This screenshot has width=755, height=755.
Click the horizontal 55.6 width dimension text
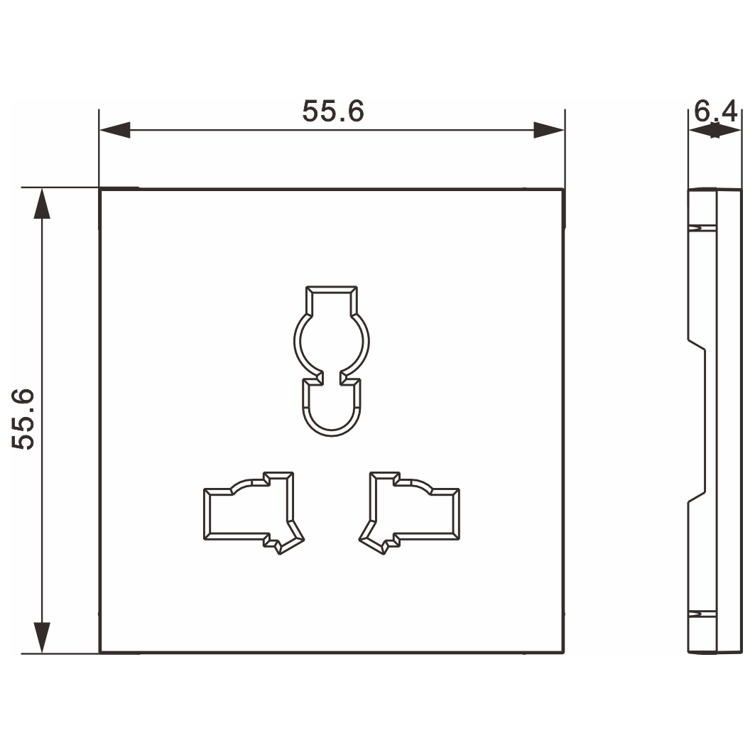(x=332, y=112)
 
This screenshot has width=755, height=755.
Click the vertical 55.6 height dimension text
(x=23, y=419)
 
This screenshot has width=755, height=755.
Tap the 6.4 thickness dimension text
(x=715, y=112)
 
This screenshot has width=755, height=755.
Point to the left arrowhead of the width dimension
(x=114, y=130)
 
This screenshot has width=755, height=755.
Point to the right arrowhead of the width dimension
(x=549, y=130)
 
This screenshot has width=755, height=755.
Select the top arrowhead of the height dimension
(x=42, y=203)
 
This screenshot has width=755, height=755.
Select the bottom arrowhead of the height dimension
(x=42, y=638)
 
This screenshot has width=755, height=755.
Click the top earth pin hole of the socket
(x=332, y=361)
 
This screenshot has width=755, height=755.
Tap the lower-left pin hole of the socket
(x=254, y=513)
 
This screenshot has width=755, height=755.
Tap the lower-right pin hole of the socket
(x=409, y=513)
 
